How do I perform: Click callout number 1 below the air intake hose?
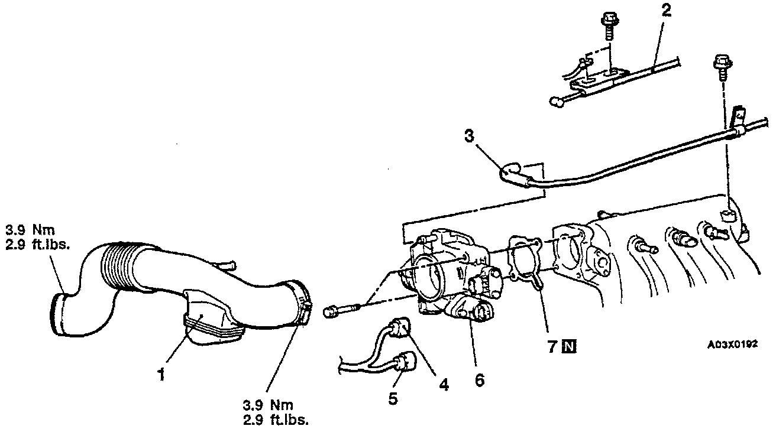point(161,375)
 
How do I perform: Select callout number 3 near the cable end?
point(469,137)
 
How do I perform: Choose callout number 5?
point(393,399)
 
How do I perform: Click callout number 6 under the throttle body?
point(479,379)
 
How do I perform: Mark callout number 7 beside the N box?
point(552,347)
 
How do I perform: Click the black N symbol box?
point(569,347)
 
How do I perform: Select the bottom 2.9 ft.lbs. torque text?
point(276,420)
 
